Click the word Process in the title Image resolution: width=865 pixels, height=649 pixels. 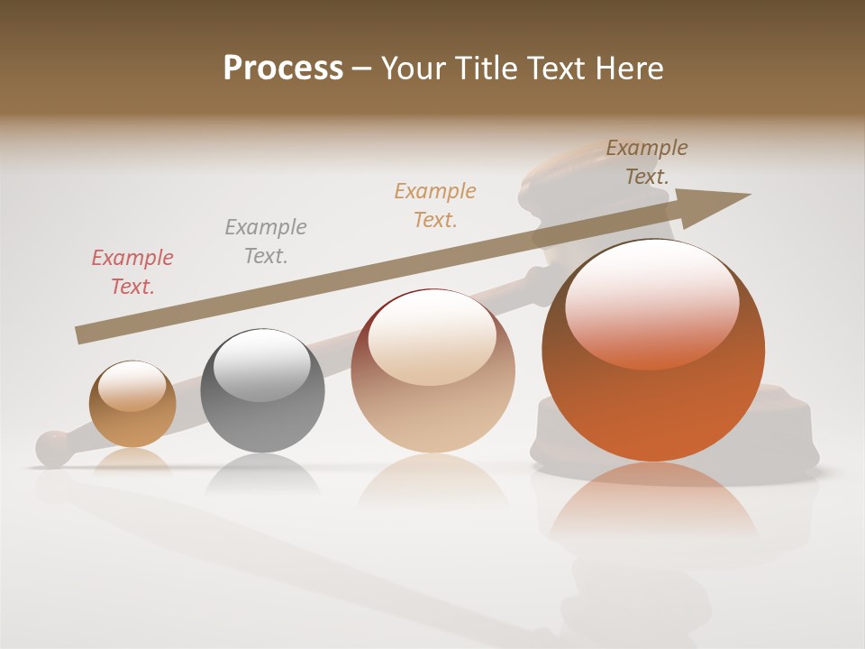(283, 69)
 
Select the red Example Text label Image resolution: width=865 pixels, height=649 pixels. (132, 272)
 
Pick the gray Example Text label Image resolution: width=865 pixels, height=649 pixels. (266, 242)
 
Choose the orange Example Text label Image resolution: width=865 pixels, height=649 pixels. (435, 206)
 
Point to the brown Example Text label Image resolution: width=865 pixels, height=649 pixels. (647, 162)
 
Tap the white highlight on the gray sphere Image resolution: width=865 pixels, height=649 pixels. (262, 365)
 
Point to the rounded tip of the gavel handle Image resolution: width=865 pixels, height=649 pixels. (50, 448)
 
